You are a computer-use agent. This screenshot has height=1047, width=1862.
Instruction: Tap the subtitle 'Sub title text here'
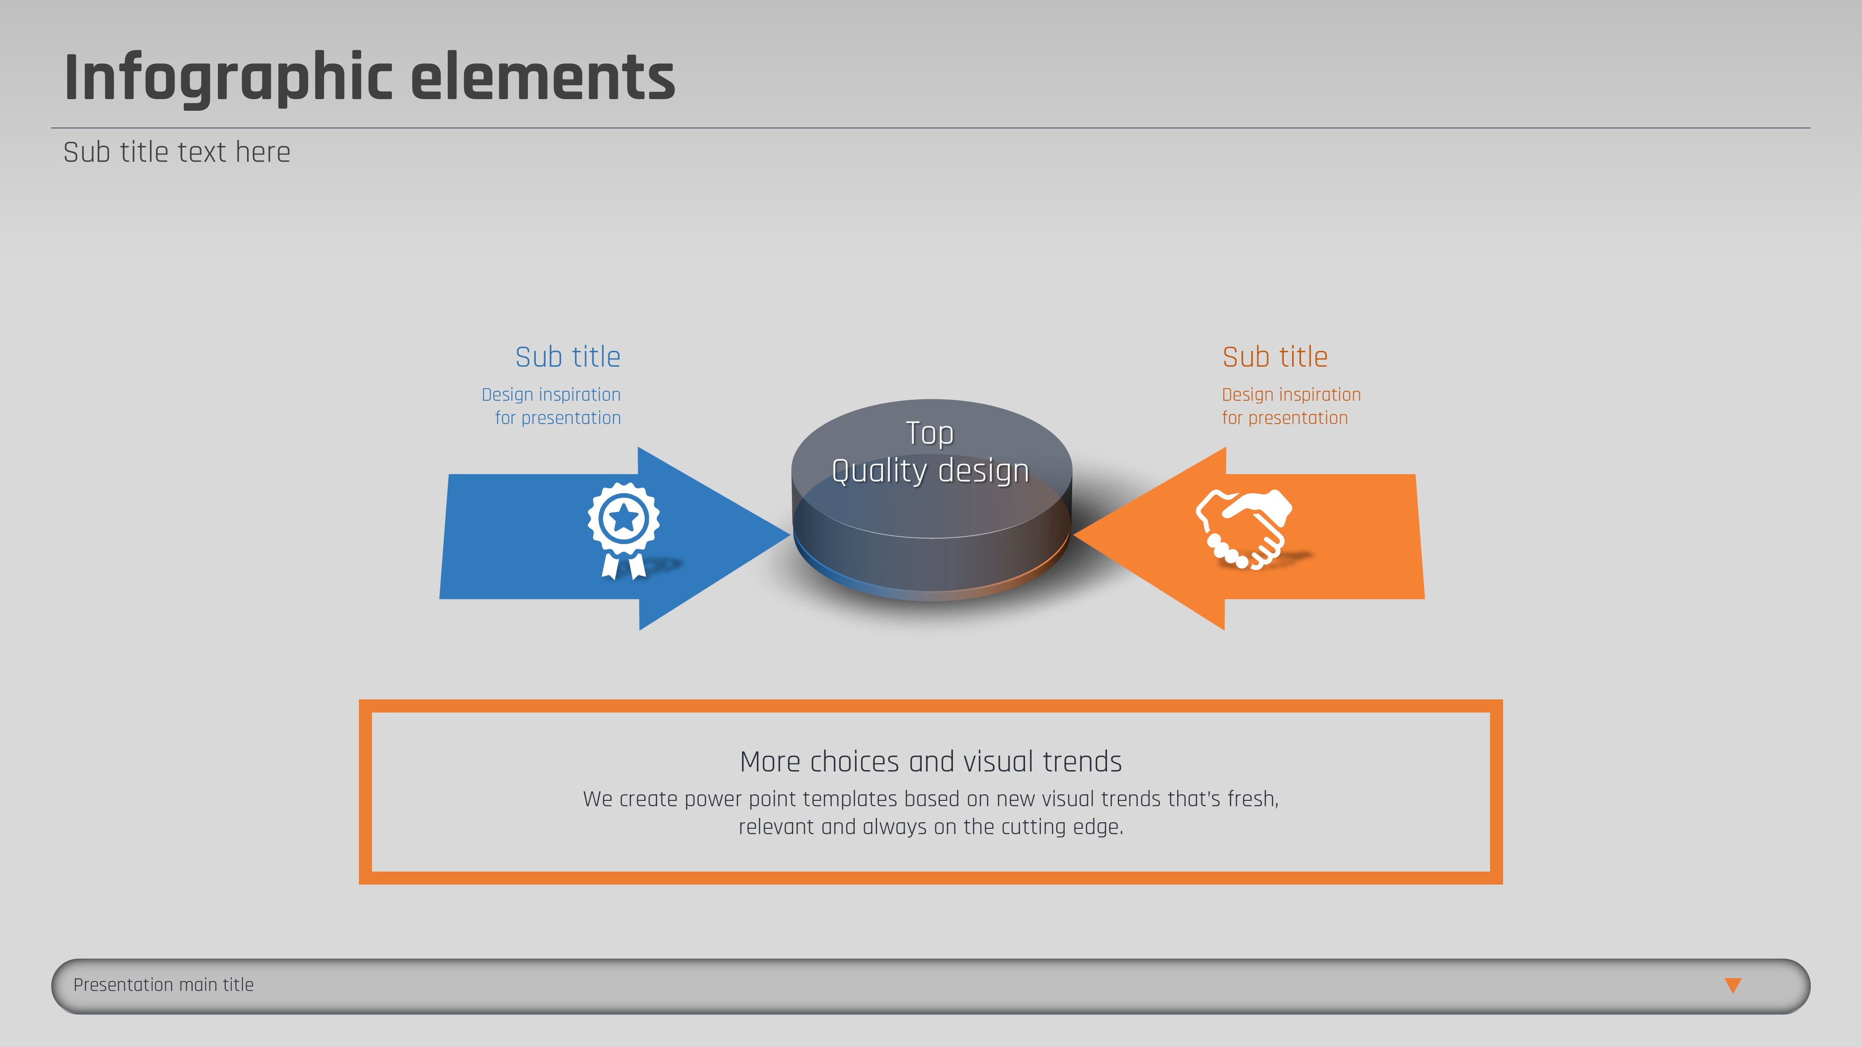176,153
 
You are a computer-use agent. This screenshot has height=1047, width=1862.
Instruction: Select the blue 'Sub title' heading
567,357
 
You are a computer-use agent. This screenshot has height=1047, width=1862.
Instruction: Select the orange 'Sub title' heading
1275,357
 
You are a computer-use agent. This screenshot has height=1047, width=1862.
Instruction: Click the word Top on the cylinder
930,434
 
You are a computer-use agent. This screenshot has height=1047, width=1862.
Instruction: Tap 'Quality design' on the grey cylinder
930,471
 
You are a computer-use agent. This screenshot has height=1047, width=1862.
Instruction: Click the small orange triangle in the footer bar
1733,985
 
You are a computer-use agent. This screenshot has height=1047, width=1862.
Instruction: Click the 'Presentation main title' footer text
163,985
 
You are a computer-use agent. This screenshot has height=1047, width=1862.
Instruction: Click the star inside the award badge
624,517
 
